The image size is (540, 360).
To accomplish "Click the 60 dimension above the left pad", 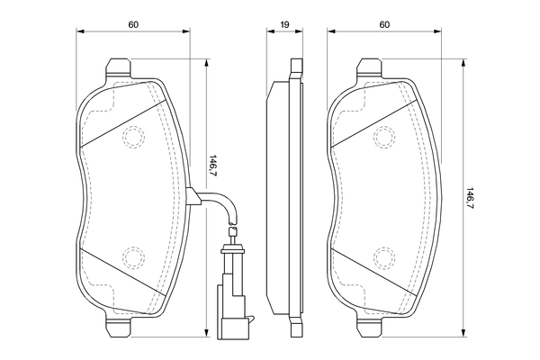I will pos(132,24).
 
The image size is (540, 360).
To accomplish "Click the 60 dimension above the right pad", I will pos(384,24).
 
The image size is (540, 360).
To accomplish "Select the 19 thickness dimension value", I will pos(284,24).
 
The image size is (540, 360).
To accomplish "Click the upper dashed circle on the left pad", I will pos(133,137).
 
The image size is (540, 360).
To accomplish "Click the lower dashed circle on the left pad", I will pos(133,258).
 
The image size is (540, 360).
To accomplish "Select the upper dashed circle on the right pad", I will pos(385,137).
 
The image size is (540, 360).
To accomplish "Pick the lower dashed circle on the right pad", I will pos(385,258).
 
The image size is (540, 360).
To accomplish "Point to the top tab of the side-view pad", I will pos(294,68).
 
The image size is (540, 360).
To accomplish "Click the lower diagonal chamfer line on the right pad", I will pos(378,270).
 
